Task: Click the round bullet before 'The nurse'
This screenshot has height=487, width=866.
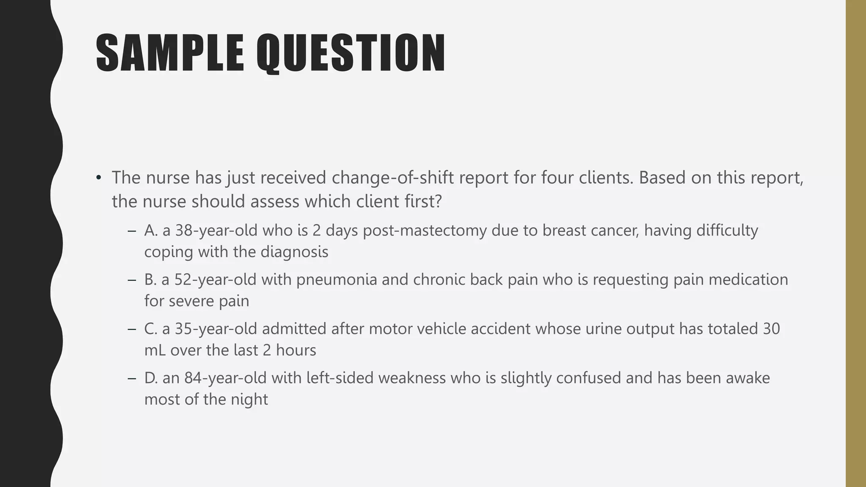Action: [x=99, y=178]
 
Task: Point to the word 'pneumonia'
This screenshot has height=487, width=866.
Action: [x=337, y=279]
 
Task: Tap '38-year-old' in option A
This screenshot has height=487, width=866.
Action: [x=216, y=230]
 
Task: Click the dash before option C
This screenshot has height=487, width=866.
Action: [x=132, y=329]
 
